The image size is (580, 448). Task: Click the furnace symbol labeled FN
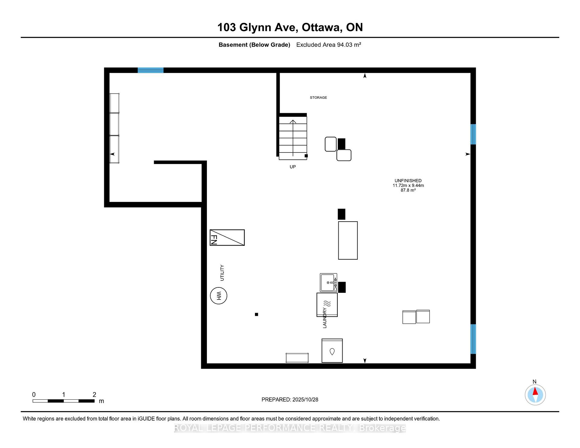tap(227, 238)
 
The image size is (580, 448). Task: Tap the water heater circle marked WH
tap(218, 296)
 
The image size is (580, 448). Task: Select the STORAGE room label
tap(318, 98)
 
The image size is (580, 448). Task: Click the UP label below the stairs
tap(293, 167)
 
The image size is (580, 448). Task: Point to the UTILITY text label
tap(222, 273)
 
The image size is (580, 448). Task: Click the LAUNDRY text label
tap(325, 318)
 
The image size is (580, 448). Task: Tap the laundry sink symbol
tap(329, 283)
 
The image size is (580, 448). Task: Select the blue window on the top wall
tap(150, 70)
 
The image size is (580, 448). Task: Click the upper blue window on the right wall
tap(473, 134)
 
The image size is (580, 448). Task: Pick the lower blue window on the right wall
tap(473, 339)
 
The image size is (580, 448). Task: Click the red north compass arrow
tap(535, 392)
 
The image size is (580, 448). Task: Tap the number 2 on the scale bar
tap(94, 395)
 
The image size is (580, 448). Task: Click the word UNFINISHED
tap(408, 181)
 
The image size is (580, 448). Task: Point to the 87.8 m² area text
tap(408, 190)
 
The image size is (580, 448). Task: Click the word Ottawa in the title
tap(322, 27)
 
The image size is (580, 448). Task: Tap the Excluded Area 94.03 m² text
tap(329, 45)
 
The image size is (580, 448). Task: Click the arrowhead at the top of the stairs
tap(293, 122)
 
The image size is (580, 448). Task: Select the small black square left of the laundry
tap(256, 314)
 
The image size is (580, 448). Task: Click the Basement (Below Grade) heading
tap(254, 45)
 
